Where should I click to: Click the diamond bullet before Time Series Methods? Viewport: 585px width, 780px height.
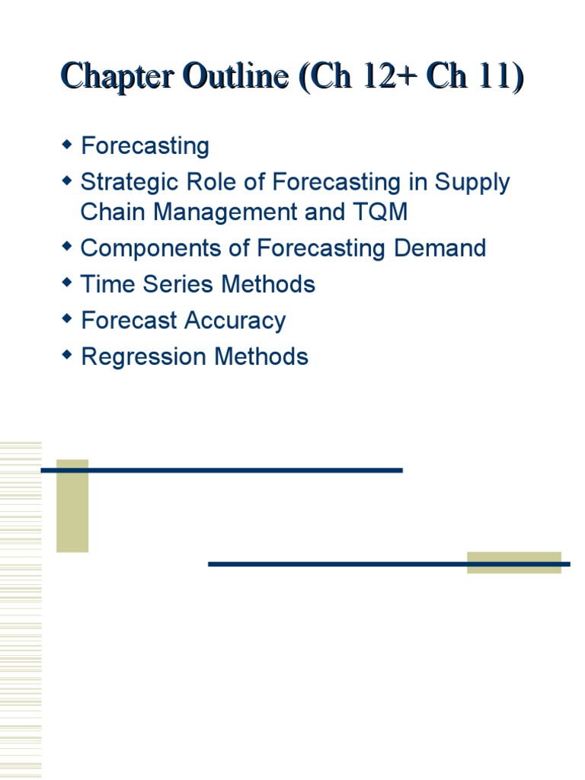pyautogui.click(x=67, y=283)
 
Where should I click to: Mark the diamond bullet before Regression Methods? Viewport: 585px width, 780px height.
pyautogui.click(x=67, y=355)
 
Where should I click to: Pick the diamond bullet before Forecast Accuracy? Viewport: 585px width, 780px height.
pyautogui.click(x=67, y=319)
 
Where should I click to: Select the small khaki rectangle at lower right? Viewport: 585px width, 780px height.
pyautogui.click(x=514, y=562)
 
